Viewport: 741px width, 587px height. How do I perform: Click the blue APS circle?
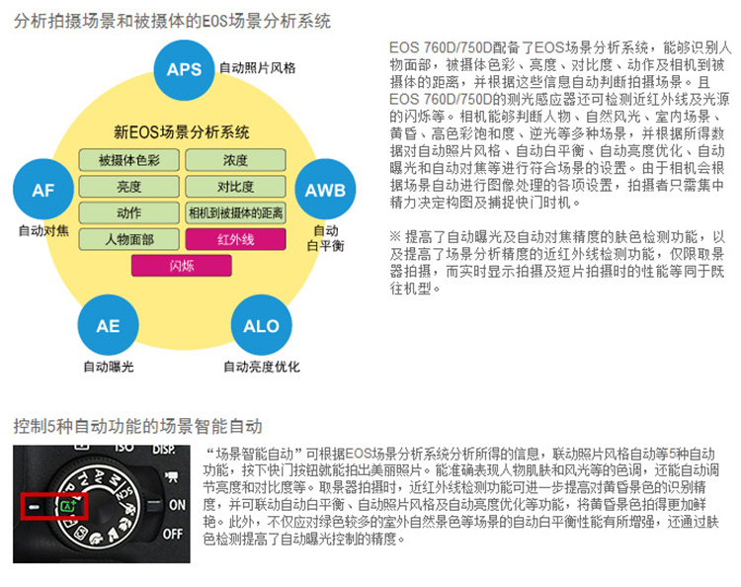pyautogui.click(x=185, y=70)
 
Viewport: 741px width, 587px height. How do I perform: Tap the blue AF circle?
pyautogui.click(x=43, y=189)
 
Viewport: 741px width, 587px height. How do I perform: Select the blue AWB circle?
pyautogui.click(x=325, y=189)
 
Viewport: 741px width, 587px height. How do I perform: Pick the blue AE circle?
pyautogui.click(x=109, y=325)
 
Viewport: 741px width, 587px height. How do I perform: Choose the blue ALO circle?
pyautogui.click(x=262, y=325)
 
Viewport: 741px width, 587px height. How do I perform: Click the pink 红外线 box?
pyautogui.click(x=236, y=239)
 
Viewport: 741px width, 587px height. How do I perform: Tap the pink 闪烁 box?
pyautogui.click(x=182, y=266)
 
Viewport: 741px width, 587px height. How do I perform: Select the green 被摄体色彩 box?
pyautogui.click(x=129, y=160)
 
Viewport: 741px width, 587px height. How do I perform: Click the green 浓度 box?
pyautogui.click(x=236, y=160)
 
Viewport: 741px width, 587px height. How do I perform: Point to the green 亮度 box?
pyautogui.click(x=129, y=187)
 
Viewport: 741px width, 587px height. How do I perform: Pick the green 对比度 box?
pyautogui.click(x=236, y=187)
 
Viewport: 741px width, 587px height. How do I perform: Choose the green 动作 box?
pyautogui.click(x=129, y=213)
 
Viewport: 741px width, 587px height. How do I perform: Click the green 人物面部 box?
pyautogui.click(x=129, y=239)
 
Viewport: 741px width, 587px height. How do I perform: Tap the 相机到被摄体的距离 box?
pyautogui.click(x=236, y=213)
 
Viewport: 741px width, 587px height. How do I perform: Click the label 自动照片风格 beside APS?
pyautogui.click(x=258, y=68)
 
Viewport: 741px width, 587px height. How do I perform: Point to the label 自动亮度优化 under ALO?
pyautogui.click(x=262, y=367)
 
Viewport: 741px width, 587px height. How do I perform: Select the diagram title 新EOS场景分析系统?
pyautogui.click(x=182, y=131)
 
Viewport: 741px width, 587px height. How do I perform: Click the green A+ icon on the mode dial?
pyautogui.click(x=68, y=506)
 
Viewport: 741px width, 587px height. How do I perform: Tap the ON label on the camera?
pyautogui.click(x=177, y=505)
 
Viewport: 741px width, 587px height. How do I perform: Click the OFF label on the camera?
pyautogui.click(x=173, y=535)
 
